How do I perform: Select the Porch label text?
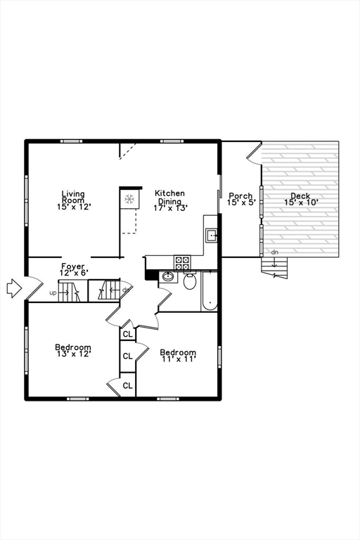(x=240, y=199)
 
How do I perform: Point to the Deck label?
(x=301, y=199)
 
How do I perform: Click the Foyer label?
(x=72, y=269)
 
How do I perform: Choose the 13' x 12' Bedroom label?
(x=72, y=350)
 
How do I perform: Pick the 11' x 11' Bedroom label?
(x=177, y=355)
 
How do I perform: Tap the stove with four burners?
(x=182, y=263)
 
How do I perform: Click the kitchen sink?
(x=211, y=235)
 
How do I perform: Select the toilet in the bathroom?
(x=189, y=282)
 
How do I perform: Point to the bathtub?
(x=209, y=292)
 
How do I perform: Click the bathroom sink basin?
(x=168, y=277)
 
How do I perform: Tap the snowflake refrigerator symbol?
(x=129, y=200)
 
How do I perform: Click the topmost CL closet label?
(x=127, y=334)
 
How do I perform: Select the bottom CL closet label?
(x=127, y=385)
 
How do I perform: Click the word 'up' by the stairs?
(x=53, y=292)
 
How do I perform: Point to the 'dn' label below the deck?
(x=274, y=252)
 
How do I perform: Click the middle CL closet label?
(x=127, y=356)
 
